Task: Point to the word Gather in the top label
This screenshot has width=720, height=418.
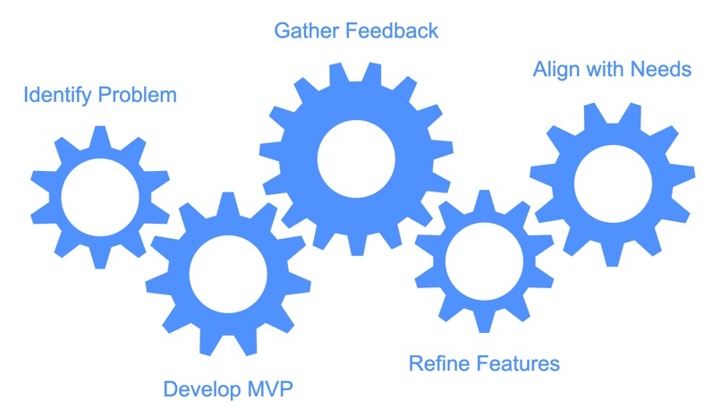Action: [x=304, y=31]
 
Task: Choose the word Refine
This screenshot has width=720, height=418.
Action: [x=436, y=364]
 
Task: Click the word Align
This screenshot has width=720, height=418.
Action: [x=556, y=69]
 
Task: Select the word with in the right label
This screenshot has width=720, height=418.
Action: [x=606, y=69]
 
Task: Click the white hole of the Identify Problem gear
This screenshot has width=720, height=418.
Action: [x=99, y=197]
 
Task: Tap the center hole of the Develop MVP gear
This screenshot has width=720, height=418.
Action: [x=228, y=274]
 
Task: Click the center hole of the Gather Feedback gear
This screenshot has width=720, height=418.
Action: [x=356, y=159]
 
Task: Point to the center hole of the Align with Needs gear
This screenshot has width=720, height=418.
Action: [x=612, y=184]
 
